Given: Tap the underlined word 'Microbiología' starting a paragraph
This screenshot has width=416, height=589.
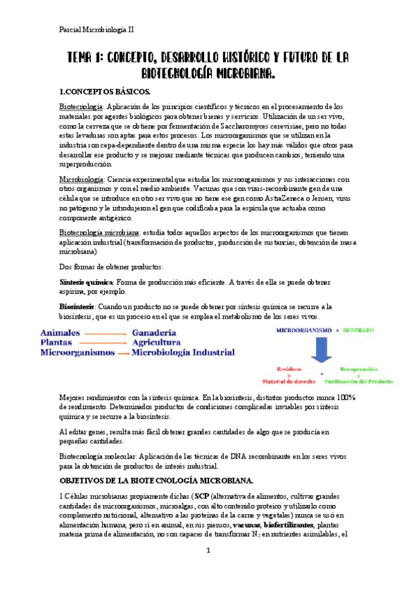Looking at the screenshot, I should point(81,179).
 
